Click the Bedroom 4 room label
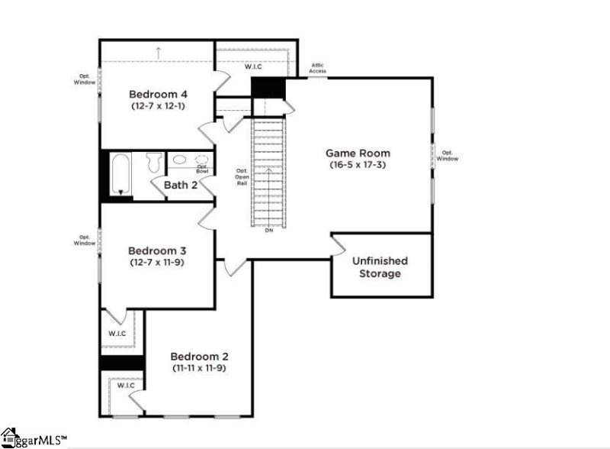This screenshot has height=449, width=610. (x=158, y=94)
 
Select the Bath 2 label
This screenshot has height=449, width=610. (x=181, y=185)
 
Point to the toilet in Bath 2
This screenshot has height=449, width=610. (x=152, y=163)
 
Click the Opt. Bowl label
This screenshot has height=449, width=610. (x=202, y=168)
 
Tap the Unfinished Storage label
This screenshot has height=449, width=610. (x=380, y=267)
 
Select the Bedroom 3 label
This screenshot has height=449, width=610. (x=157, y=250)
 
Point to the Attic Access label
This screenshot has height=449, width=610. (x=318, y=69)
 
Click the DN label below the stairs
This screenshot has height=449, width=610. (x=268, y=230)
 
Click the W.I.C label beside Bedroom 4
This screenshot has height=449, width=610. (x=253, y=67)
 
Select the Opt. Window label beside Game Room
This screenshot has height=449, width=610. (x=448, y=156)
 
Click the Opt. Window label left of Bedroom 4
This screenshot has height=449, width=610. (x=86, y=79)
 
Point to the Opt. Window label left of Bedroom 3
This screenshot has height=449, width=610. (x=85, y=240)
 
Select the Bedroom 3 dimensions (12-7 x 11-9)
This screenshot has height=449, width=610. (x=158, y=262)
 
